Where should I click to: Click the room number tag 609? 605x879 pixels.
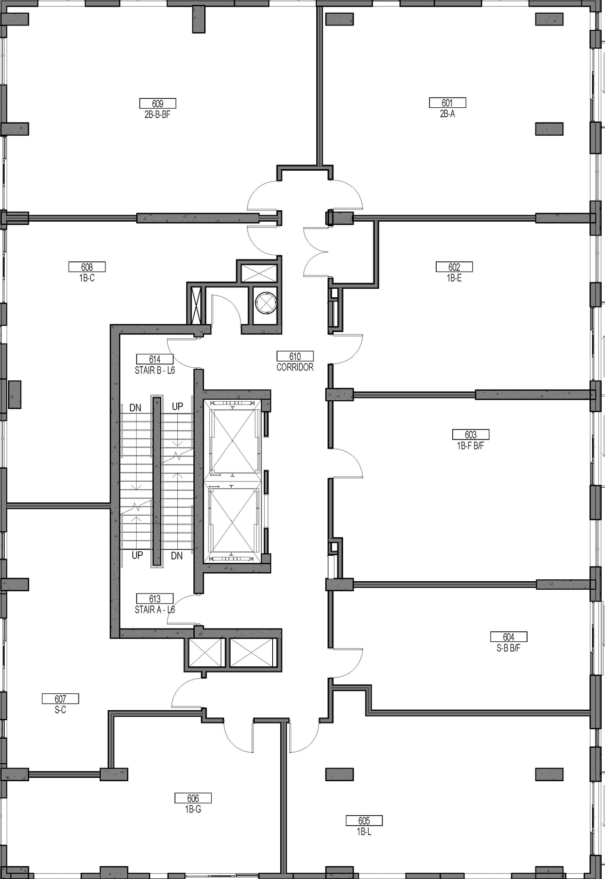click(157, 103)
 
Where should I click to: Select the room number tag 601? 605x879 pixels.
click(447, 103)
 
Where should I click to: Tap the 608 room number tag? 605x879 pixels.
click(87, 267)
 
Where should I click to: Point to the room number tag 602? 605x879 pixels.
click(454, 267)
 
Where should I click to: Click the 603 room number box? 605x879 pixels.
click(470, 434)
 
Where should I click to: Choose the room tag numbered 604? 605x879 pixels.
click(509, 637)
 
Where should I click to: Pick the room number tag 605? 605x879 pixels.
click(364, 821)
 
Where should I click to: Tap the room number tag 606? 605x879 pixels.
click(193, 798)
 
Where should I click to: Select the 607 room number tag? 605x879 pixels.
click(60, 698)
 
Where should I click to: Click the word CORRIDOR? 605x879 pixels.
click(295, 367)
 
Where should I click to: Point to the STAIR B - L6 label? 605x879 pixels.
click(155, 370)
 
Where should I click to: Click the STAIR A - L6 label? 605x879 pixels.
click(155, 610)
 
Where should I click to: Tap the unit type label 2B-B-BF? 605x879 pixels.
click(157, 114)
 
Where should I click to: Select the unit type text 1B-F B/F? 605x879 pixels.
click(470, 446)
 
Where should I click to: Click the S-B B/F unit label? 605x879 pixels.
click(509, 648)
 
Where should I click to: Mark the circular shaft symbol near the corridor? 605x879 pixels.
click(266, 303)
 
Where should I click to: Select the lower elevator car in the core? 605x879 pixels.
click(233, 519)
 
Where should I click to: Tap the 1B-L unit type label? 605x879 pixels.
click(364, 832)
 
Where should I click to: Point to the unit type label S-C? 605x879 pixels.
click(60, 710)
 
